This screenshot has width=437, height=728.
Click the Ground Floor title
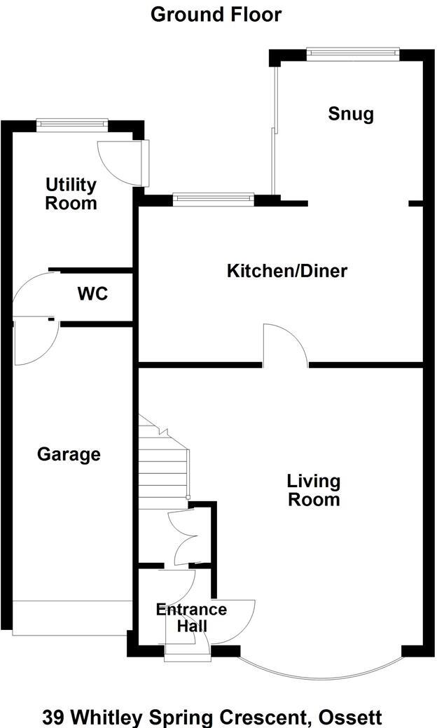[216, 14]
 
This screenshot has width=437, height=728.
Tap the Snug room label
[351, 114]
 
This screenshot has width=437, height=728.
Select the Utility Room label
[71, 194]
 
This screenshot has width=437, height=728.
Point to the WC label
[92, 294]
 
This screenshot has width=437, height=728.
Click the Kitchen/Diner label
[287, 271]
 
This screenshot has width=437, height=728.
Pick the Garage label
[69, 455]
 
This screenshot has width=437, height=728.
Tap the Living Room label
[314, 490]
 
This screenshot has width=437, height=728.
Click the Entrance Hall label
[191, 617]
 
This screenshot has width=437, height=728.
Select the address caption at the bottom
[212, 717]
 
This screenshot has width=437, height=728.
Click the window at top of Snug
[352, 53]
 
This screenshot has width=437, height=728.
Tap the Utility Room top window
[72, 124]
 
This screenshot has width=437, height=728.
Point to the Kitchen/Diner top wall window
[214, 199]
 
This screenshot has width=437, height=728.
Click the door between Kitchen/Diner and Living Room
[284, 346]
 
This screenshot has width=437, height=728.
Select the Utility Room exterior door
[123, 161]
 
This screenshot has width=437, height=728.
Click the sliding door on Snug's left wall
[275, 129]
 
